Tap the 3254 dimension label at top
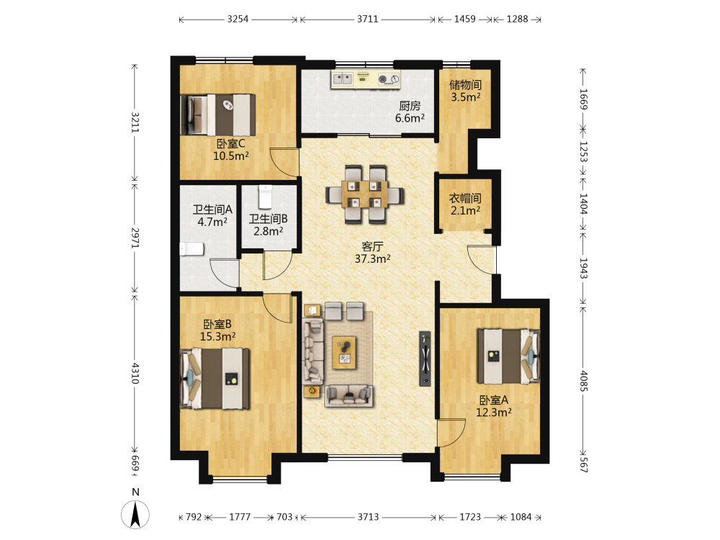pyautogui.click(x=238, y=19)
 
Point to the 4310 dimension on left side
pyautogui.click(x=135, y=373)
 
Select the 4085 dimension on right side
pyautogui.click(x=583, y=381)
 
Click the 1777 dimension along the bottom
pyautogui.click(x=240, y=517)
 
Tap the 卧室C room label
pyautogui.click(x=231, y=144)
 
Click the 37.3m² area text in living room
pyautogui.click(x=372, y=259)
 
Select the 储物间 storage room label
pyautogui.click(x=465, y=85)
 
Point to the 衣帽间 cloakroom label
pyautogui.click(x=465, y=199)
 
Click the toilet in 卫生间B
pyautogui.click(x=266, y=197)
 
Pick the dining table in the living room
pyautogui.click(x=364, y=194)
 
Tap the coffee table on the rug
pyautogui.click(x=344, y=352)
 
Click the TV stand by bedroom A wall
pyautogui.click(x=426, y=359)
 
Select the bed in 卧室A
pyautogui.click(x=508, y=356)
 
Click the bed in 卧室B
pyautogui.click(x=215, y=379)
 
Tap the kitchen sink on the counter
pyautogui.click(x=342, y=79)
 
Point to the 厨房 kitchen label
pyautogui.click(x=410, y=106)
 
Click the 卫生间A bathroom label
pyautogui.click(x=212, y=210)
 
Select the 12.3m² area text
pyautogui.click(x=494, y=413)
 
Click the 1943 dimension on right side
pyautogui.click(x=583, y=268)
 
